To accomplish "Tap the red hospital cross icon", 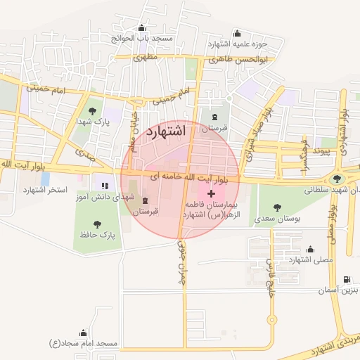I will [212, 192].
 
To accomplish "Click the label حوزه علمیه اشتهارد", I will [238, 43].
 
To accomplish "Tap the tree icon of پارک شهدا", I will [91, 110].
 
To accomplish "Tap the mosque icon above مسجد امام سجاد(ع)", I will [84, 333].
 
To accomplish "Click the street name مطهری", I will [146, 57].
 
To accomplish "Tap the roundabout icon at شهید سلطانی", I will [339, 179].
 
